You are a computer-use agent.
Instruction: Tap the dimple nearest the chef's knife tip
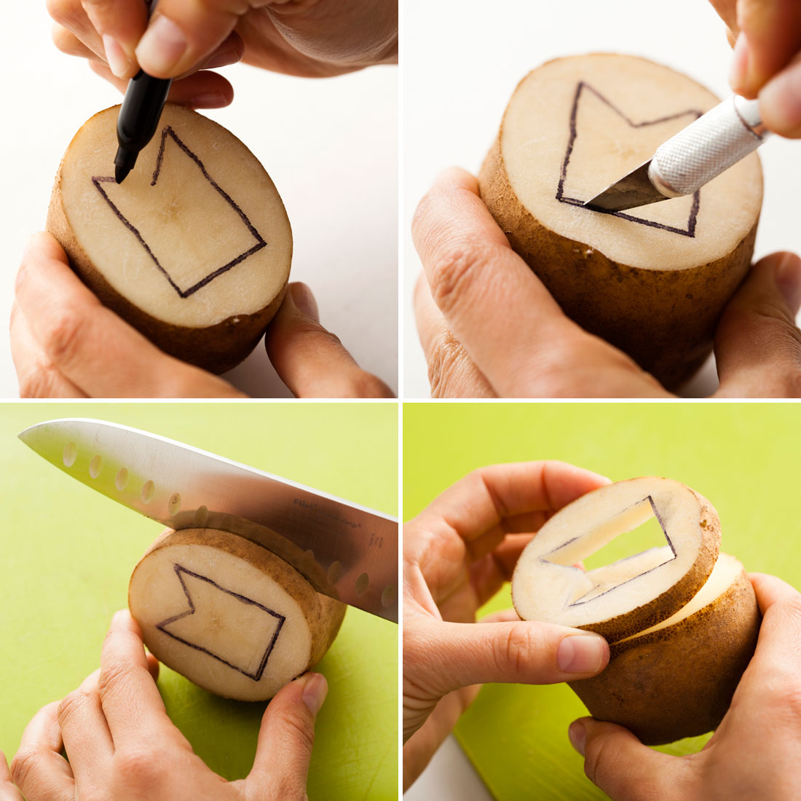[69, 453]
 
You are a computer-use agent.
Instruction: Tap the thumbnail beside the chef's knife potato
[315, 692]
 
